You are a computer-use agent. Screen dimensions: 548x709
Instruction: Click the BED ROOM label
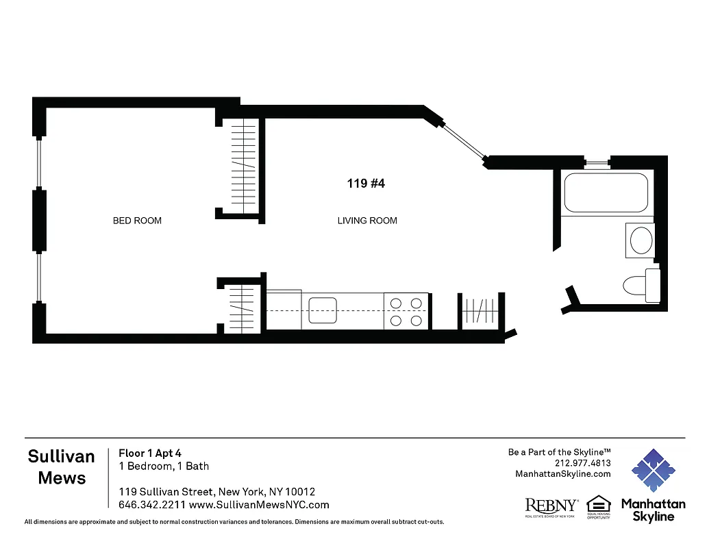point(137,221)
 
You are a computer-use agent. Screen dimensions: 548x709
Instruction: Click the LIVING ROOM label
point(367,221)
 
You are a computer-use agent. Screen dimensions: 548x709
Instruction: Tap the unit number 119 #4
point(366,184)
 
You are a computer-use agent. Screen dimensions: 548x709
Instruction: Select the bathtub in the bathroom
point(606,193)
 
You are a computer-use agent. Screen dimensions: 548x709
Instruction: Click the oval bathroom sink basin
point(640,241)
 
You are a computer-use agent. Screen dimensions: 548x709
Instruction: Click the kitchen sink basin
point(323,310)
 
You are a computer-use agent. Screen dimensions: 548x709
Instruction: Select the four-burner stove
point(406,310)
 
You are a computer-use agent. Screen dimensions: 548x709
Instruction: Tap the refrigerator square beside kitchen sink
point(284,310)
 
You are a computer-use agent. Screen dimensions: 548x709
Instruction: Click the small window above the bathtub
point(597,163)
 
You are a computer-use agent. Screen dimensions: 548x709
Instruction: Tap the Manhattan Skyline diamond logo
point(653,471)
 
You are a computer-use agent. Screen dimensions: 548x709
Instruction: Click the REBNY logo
point(551,506)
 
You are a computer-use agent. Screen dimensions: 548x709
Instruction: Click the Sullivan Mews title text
point(62,467)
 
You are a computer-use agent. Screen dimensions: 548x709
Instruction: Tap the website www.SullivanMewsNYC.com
point(259,505)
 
